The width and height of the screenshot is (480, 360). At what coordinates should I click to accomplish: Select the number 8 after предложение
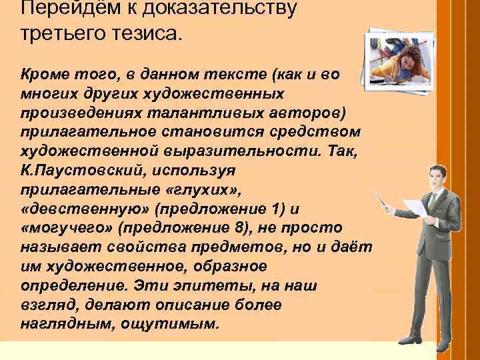(239, 227)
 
